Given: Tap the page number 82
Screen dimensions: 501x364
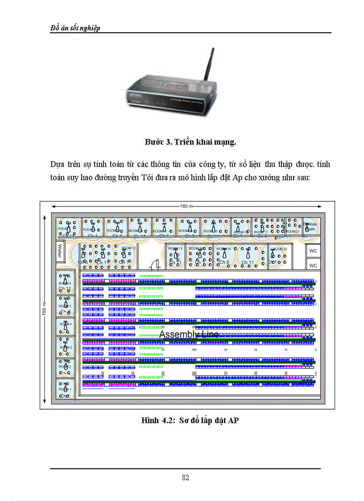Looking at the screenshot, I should click(186, 477).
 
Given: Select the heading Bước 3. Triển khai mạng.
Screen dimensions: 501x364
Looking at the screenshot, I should click(190, 142).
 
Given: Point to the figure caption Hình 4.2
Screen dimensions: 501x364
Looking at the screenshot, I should click(190, 420).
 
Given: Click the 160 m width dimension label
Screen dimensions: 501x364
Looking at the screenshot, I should click(186, 206).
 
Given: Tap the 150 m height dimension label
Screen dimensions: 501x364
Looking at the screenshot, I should click(44, 307).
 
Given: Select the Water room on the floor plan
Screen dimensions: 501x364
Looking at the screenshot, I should click(59, 251).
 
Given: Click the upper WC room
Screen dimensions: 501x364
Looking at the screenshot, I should click(313, 251).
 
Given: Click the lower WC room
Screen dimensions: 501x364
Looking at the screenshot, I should click(313, 265).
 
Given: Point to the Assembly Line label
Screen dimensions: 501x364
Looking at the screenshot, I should click(189, 335).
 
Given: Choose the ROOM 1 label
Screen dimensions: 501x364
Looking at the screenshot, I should click(65, 389).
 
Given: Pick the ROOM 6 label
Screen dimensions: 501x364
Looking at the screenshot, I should click(65, 283).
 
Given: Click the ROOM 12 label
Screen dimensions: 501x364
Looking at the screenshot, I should click(128, 248).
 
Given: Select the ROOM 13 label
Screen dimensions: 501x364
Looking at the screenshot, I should click(175, 248).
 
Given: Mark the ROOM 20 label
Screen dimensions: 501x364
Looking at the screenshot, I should click(280, 248).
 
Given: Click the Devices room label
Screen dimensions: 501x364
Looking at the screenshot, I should click(310, 226).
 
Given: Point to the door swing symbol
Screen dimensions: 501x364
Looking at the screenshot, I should click(155, 265).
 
